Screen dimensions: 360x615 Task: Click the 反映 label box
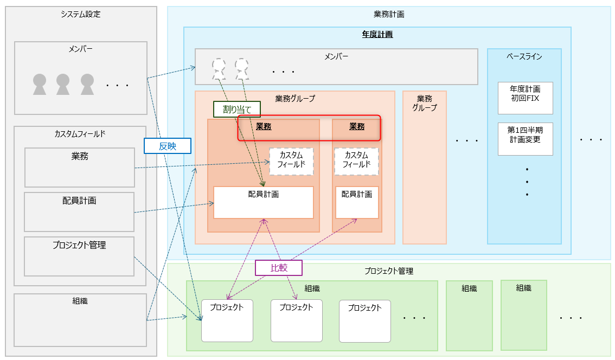(168, 146)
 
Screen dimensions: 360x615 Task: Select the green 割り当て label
(237, 110)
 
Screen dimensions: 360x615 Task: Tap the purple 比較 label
(278, 267)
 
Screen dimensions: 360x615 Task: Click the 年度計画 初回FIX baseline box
(525, 98)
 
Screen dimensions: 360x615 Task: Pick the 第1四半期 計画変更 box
(525, 139)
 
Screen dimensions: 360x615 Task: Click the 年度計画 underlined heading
(377, 34)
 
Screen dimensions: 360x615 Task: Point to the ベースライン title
(524, 56)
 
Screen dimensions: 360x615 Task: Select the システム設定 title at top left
(81, 14)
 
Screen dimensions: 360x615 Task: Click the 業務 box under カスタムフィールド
(80, 168)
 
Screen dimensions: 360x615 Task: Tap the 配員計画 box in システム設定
(79, 211)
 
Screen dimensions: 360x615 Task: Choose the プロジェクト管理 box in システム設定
(79, 256)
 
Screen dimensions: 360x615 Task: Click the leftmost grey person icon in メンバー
(40, 85)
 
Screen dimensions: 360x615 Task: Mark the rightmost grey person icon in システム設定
(87, 85)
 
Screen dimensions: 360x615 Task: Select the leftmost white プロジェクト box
(227, 320)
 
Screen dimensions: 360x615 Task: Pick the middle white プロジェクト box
(296, 320)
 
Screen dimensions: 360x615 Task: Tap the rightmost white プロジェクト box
(365, 320)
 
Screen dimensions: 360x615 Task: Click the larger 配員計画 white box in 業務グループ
(264, 202)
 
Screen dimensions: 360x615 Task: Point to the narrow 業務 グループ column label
(424, 103)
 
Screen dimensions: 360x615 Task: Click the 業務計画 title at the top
(389, 14)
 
